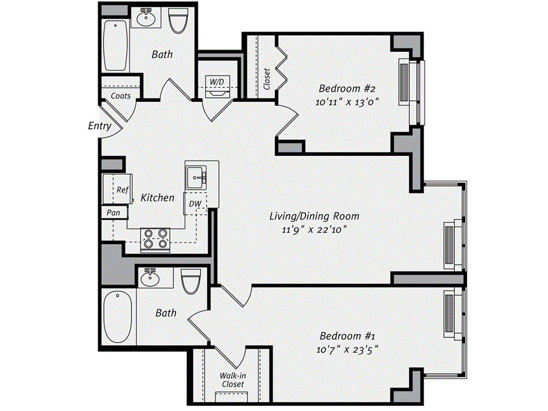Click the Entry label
coord(100,126)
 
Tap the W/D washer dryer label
coord(217,81)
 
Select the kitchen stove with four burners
coord(155,239)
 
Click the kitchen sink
coord(196,177)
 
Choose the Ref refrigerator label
coord(123,189)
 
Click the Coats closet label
coord(121,96)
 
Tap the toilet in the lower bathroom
coord(190,280)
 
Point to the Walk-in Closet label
coord(232,380)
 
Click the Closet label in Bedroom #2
coord(267,79)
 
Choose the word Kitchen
coord(157,197)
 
